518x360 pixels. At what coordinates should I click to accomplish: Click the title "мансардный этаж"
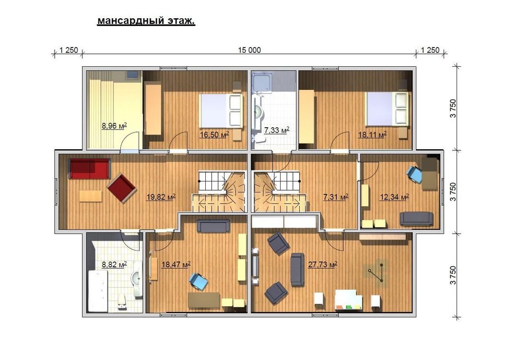pyautogui.click(x=146, y=21)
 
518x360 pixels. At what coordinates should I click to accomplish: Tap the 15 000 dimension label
pyautogui.click(x=249, y=50)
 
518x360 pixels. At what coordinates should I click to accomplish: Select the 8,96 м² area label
pyautogui.click(x=114, y=126)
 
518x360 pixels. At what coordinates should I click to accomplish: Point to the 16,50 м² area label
pyautogui.click(x=214, y=134)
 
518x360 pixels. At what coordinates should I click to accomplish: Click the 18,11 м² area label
pyautogui.click(x=373, y=134)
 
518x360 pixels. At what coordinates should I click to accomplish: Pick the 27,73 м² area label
pyautogui.click(x=322, y=264)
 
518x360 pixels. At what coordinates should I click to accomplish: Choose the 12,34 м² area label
pyautogui.click(x=394, y=197)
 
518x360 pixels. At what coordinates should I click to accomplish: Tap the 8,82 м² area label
pyautogui.click(x=114, y=264)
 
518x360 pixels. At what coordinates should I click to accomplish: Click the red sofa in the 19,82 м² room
pyautogui.click(x=89, y=168)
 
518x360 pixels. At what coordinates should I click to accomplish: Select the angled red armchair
pyautogui.click(x=121, y=188)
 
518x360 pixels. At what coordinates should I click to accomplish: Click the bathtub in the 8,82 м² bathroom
pyautogui.click(x=98, y=291)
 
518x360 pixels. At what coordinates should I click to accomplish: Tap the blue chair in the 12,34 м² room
pyautogui.click(x=414, y=174)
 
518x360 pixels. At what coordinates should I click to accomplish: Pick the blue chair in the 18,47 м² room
pyautogui.click(x=199, y=282)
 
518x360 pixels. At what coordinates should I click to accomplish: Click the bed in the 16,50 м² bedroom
pyautogui.click(x=221, y=111)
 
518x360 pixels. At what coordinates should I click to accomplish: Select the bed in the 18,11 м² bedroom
pyautogui.click(x=388, y=109)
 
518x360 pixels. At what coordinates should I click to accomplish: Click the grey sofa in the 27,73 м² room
pyautogui.click(x=297, y=270)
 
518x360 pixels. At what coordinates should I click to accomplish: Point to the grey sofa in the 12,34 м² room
pyautogui.click(x=416, y=219)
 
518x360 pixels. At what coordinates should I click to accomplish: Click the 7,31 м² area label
pyautogui.click(x=336, y=197)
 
